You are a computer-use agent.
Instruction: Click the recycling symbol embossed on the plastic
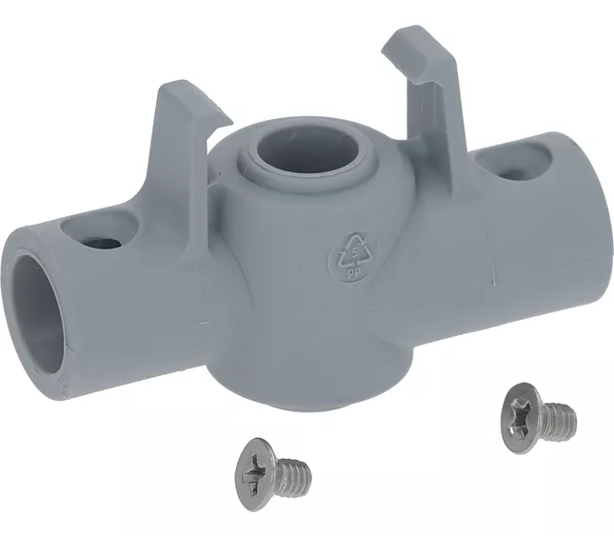pos(353,257)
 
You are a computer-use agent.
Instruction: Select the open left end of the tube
pos(37,313)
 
